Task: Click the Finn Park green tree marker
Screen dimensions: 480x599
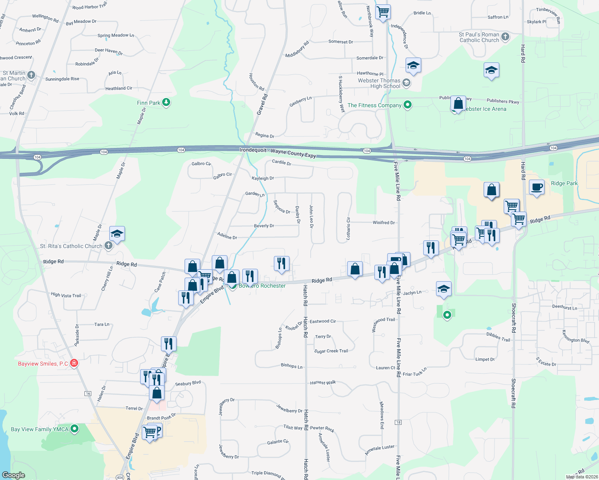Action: tap(166, 102)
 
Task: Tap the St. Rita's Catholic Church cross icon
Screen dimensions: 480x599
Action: tap(109, 246)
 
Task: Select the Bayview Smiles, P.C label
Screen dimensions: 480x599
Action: tap(43, 364)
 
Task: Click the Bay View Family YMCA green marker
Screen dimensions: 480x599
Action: tap(74, 429)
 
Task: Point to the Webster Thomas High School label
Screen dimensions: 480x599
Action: tap(379, 83)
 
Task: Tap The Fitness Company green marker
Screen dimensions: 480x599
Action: tap(408, 105)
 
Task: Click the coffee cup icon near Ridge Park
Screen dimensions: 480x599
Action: tap(537, 187)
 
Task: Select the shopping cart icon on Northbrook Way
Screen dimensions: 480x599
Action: tap(383, 12)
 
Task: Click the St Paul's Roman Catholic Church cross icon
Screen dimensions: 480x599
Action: tap(505, 37)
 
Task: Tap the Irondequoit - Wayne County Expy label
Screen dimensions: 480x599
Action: tap(277, 152)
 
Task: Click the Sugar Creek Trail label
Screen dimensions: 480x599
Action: tap(331, 351)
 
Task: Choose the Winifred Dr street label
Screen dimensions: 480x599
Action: tap(384, 223)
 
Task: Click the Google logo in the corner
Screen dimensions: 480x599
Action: tap(14, 475)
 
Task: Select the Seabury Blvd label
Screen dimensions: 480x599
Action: tap(188, 384)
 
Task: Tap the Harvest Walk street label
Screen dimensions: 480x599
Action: tap(323, 383)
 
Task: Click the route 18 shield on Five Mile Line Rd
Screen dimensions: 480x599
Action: tap(398, 422)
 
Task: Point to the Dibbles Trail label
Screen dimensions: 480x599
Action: tap(498, 337)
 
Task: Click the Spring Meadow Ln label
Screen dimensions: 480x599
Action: tap(116, 35)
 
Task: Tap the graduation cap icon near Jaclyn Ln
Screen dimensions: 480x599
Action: tap(444, 289)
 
